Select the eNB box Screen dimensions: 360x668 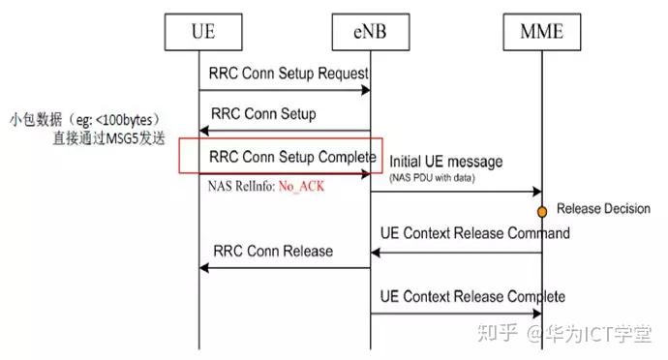coord(370,35)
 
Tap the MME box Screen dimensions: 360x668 coord(541,35)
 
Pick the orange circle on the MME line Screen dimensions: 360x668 coord(543,209)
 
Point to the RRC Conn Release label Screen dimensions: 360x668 coord(271,252)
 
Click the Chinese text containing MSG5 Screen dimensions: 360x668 coord(110,139)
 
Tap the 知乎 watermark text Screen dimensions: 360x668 coord(502,335)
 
